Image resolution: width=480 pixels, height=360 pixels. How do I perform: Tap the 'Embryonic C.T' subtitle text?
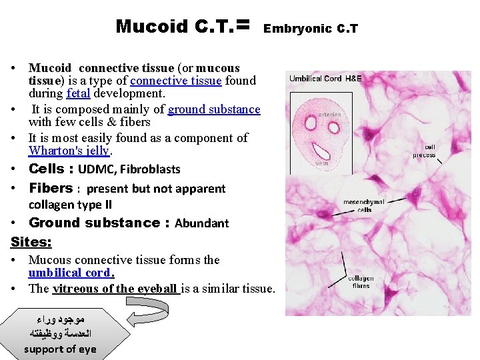tap(311, 29)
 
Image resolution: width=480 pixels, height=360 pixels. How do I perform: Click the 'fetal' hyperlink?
tap(79, 93)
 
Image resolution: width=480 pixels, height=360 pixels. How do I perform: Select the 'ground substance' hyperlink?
tap(214, 109)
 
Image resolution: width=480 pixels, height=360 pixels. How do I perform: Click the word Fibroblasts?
tap(150, 169)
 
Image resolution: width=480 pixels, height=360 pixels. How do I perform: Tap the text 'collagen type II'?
tap(70, 205)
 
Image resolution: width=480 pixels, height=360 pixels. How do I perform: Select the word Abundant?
tap(201, 223)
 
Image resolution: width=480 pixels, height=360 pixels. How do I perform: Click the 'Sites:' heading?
tap(31, 241)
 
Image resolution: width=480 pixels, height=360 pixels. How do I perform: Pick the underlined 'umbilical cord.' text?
tap(71, 273)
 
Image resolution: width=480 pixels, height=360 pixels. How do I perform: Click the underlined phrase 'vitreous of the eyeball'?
tap(115, 289)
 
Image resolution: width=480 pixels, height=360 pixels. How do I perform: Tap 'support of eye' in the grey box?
tap(60, 349)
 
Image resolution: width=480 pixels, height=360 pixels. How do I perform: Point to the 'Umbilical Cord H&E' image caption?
tap(325, 79)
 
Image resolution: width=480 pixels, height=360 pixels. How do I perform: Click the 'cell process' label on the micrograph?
tap(424, 151)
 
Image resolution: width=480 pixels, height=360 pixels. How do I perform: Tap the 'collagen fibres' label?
tap(360, 282)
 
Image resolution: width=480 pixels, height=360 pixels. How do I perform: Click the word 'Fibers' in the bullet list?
tap(50, 188)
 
